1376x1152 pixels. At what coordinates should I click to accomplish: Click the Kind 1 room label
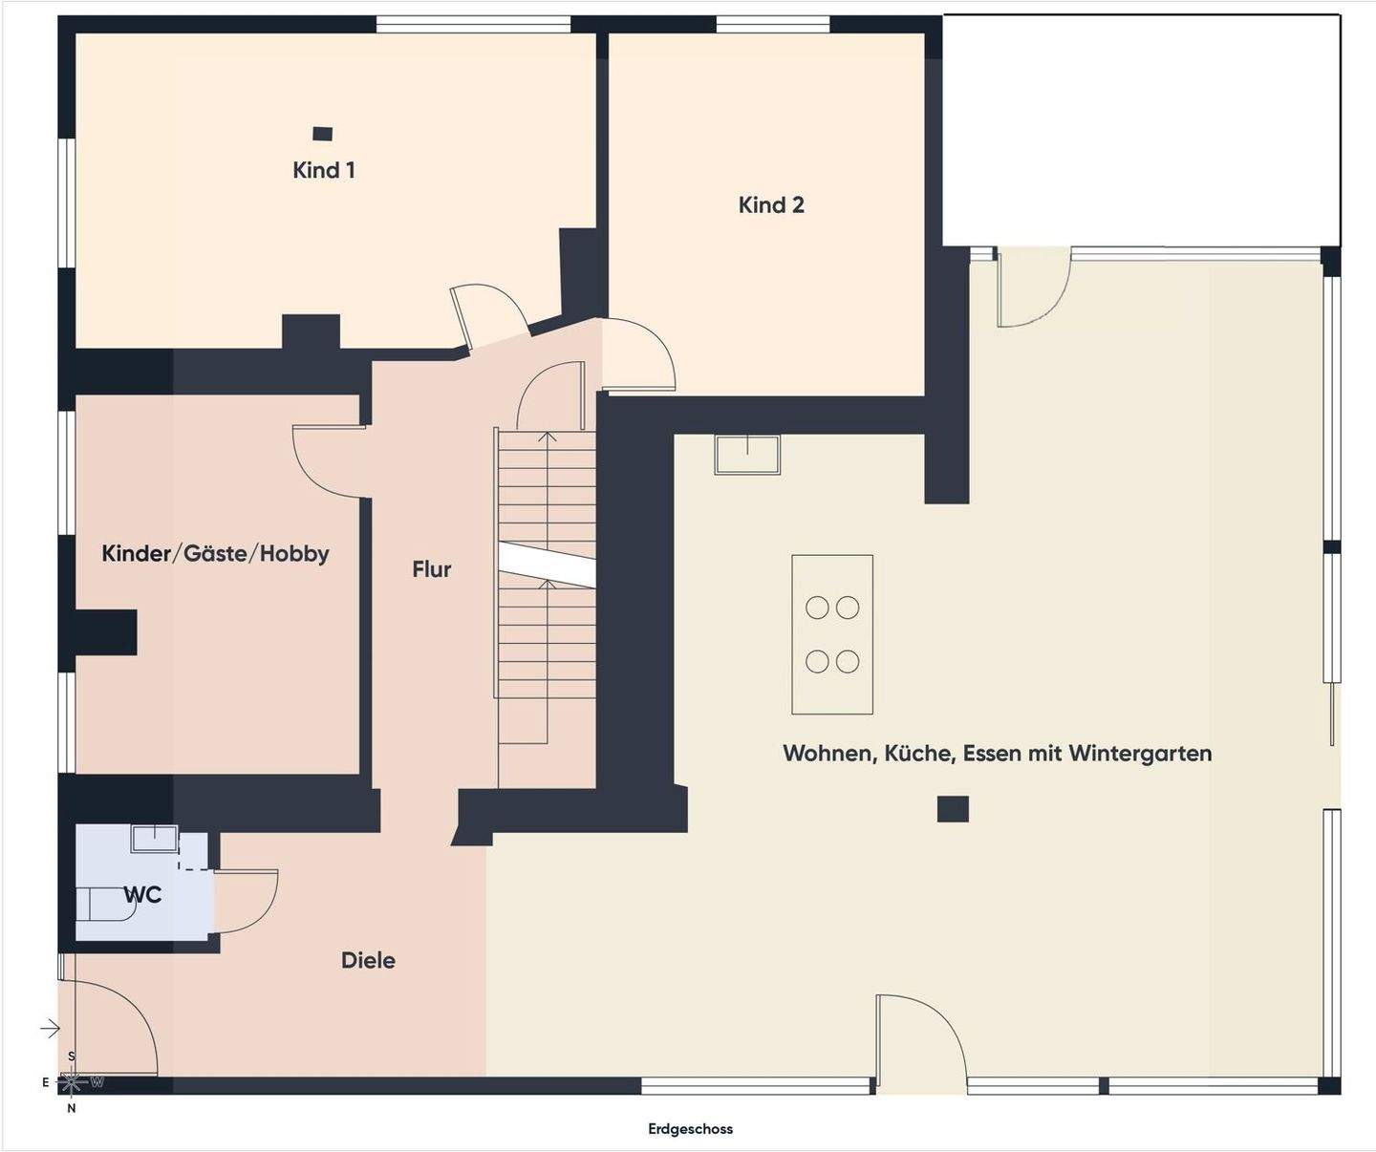[324, 170]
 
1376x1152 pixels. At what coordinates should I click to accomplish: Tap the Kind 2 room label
[771, 204]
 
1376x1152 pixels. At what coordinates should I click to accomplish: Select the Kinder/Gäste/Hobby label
[215, 553]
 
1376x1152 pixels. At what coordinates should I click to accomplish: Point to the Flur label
[431, 569]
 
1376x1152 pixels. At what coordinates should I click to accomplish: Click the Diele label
[368, 960]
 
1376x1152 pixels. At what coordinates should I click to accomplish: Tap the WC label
[143, 895]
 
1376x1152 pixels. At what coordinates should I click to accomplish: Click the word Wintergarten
[1140, 753]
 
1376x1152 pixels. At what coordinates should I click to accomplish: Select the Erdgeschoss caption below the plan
[690, 1129]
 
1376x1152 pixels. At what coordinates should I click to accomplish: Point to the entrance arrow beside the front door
[50, 1028]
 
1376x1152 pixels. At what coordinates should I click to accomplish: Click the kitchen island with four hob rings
[831, 634]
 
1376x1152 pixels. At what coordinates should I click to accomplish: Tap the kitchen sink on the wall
[747, 454]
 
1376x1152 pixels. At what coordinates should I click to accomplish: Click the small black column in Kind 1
[323, 134]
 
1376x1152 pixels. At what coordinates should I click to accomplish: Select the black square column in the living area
[953, 809]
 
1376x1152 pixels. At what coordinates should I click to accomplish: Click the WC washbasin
[154, 839]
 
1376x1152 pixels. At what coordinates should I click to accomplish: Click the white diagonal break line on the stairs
[547, 564]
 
